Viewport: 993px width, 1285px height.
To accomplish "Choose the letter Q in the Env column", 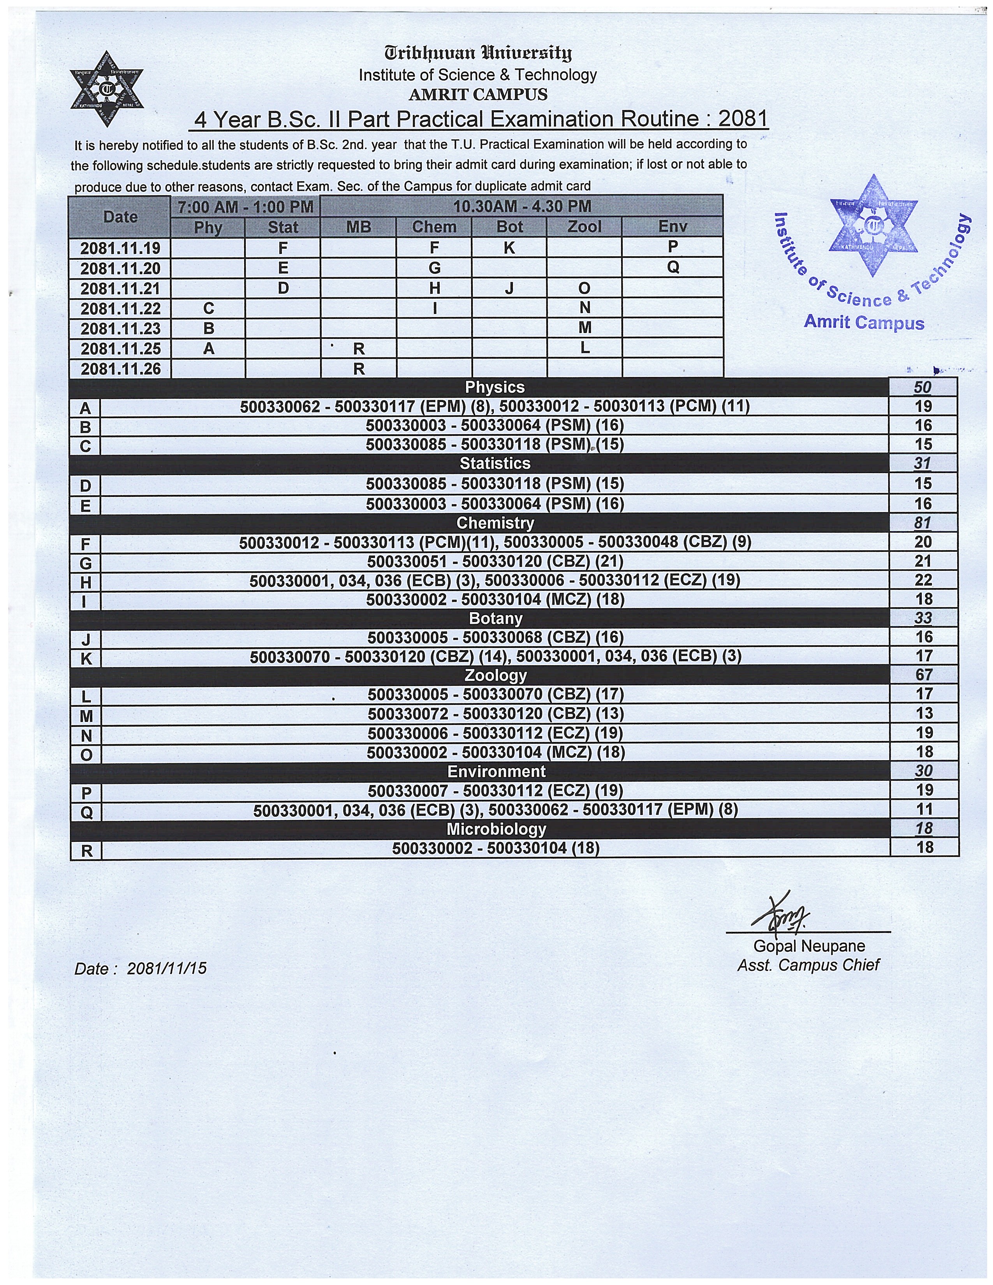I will click(x=673, y=268).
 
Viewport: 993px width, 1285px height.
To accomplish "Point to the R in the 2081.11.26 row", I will click(x=359, y=369).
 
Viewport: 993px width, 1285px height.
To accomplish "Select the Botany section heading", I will click(x=495, y=618).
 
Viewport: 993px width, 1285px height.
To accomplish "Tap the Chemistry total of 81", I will click(x=923, y=523).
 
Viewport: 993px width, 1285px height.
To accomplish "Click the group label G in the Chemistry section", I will click(x=86, y=563).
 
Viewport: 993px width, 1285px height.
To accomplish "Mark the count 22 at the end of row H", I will click(x=923, y=581).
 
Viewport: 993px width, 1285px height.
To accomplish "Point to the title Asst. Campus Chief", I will click(x=808, y=965).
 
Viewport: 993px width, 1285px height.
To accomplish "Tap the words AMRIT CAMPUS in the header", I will click(x=478, y=94).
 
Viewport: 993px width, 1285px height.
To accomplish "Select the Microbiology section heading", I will click(x=496, y=829).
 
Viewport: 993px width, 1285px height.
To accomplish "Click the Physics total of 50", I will click(x=923, y=387).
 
